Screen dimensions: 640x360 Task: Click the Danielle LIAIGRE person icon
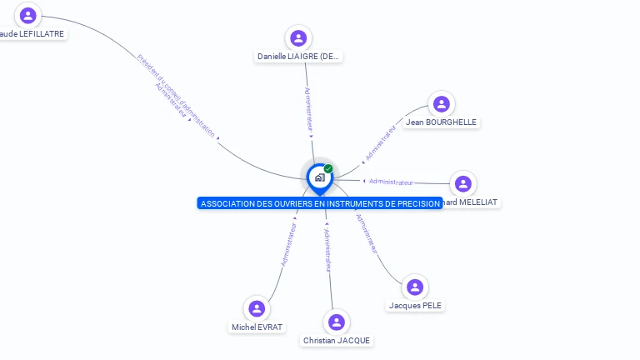(x=298, y=38)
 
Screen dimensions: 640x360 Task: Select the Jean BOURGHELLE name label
(x=441, y=122)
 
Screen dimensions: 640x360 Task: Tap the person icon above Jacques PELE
(x=415, y=287)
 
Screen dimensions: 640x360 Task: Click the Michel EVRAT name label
(x=257, y=327)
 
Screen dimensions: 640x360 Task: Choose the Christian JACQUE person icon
(x=337, y=322)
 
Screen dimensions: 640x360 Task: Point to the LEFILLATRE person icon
(x=28, y=16)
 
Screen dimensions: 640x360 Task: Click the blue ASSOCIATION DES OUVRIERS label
(x=320, y=203)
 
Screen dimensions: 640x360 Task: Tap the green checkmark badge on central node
(x=328, y=168)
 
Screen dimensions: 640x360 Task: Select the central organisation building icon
(x=319, y=177)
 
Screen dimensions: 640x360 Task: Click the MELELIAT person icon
(x=463, y=184)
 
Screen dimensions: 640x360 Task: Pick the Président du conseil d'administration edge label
(x=176, y=95)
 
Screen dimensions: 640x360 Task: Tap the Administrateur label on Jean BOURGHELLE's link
(x=380, y=142)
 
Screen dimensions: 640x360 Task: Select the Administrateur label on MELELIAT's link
(x=391, y=182)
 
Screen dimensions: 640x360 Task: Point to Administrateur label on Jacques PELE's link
(x=367, y=233)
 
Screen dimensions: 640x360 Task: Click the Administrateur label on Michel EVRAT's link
(x=289, y=244)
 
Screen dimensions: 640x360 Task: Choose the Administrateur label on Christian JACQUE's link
(x=327, y=249)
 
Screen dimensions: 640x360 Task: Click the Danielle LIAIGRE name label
(x=299, y=57)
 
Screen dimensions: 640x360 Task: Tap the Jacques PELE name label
(x=415, y=305)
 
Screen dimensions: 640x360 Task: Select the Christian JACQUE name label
(x=337, y=340)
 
